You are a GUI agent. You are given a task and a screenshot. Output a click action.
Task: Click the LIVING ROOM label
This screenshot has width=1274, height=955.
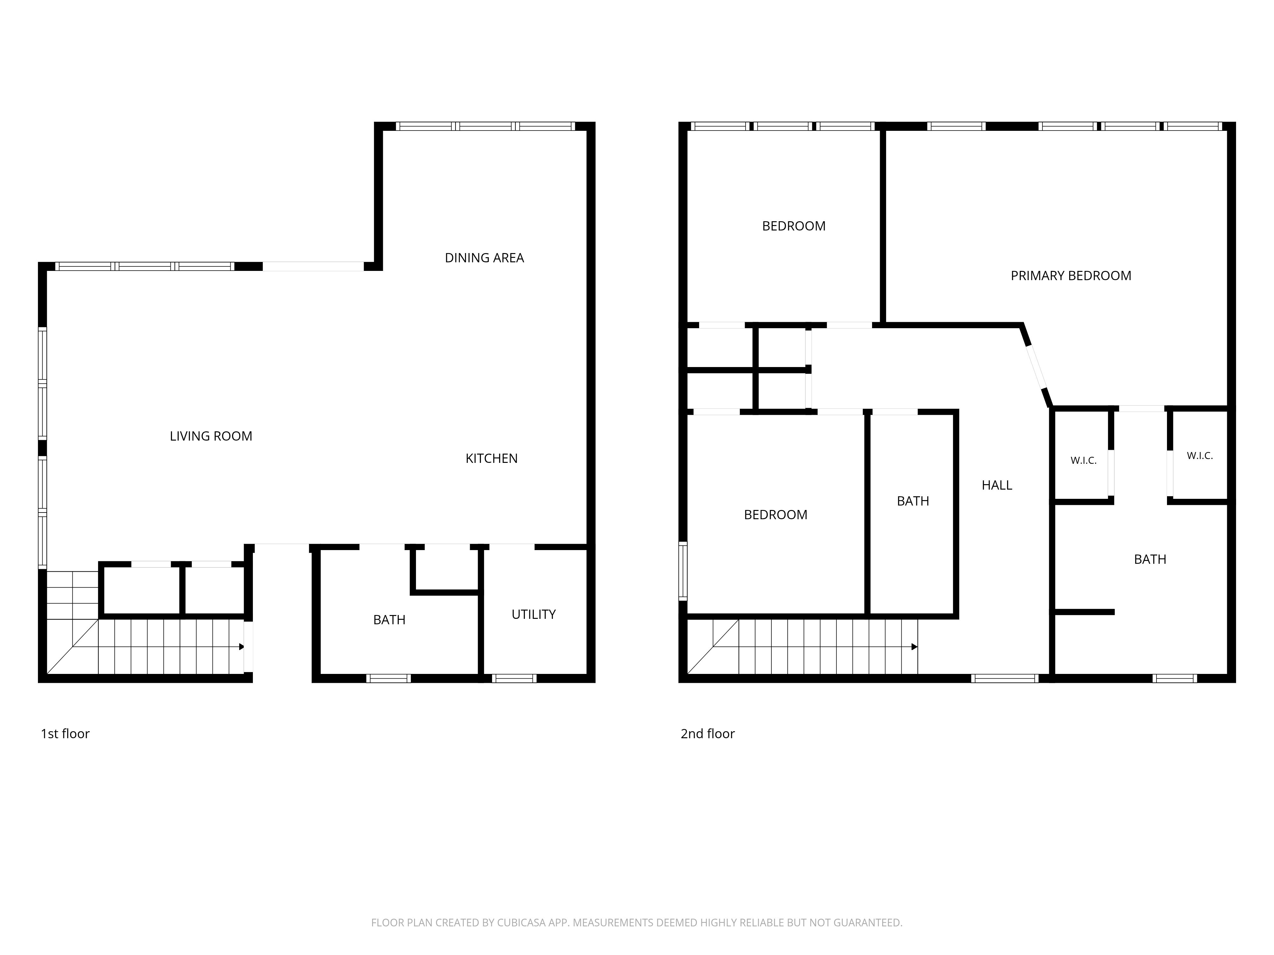coord(211,436)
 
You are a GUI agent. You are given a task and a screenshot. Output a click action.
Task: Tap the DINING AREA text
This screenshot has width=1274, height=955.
coord(484,258)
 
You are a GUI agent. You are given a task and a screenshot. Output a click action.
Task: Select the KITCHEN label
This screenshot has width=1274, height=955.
coord(491,458)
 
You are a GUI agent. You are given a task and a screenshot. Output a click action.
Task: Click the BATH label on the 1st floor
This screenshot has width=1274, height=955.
coord(389,620)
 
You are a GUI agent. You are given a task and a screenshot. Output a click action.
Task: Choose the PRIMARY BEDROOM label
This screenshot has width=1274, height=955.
coord(1071,276)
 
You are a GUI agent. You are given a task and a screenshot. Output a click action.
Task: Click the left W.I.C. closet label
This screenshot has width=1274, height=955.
coord(1083,461)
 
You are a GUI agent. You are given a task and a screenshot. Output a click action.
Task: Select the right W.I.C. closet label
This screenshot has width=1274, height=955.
coord(1200,456)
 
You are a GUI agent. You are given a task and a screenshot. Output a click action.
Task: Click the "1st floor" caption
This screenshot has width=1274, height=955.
coord(65,733)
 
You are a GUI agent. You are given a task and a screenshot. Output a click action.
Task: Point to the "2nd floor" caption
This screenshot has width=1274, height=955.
coord(708,733)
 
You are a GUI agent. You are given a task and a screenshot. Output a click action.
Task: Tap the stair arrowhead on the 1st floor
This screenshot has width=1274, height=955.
coord(241,647)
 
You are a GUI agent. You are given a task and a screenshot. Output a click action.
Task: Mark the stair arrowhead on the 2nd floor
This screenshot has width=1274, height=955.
coord(915,647)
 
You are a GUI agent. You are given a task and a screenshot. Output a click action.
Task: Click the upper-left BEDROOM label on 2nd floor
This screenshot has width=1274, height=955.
coord(794,226)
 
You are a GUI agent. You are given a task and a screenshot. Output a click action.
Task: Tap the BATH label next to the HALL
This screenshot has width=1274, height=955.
coord(913,501)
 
